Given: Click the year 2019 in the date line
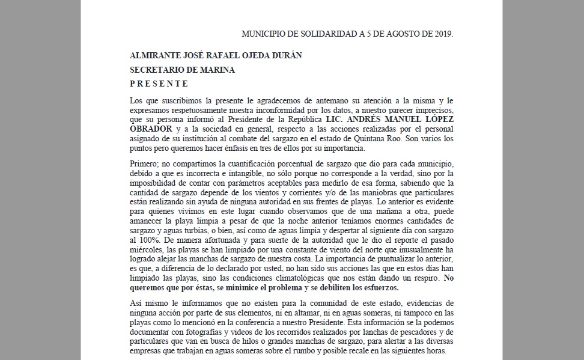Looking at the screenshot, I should tap(442, 34).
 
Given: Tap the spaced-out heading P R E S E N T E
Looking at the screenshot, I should tap(159, 84).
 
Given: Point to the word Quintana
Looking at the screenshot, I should tap(368, 138).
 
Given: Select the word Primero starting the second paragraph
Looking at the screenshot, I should tap(145, 165).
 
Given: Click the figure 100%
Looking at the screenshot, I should tap(140, 239).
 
